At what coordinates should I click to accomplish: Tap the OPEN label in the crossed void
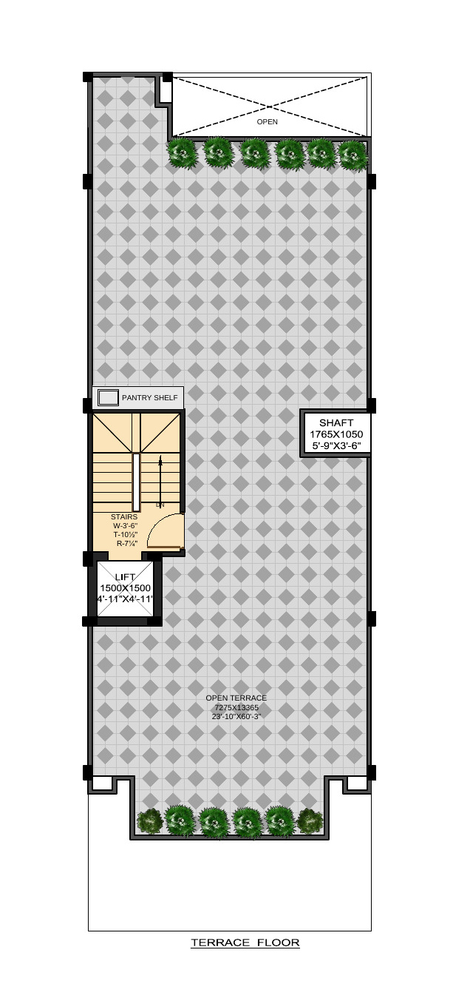coord(267,121)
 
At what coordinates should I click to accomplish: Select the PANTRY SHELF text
coord(149,398)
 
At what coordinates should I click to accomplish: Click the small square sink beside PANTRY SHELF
coord(108,398)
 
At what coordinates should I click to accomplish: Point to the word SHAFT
coord(336,422)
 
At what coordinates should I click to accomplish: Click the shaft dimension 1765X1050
coord(336,434)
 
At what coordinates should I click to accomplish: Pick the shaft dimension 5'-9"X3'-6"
coord(336,445)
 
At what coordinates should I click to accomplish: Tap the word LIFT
coord(125,577)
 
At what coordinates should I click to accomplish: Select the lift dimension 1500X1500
coord(125,588)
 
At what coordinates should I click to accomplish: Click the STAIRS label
coord(124,516)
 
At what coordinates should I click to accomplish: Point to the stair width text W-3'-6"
coord(125,525)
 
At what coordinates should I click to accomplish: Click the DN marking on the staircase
coord(160,505)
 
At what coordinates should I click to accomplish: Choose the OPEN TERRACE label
coord(236,698)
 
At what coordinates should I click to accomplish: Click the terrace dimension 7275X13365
coord(236,707)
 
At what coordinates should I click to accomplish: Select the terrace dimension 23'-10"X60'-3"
coord(236,716)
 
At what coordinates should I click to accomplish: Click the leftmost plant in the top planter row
coord(182,153)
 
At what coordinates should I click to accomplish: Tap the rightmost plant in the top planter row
coord(352,155)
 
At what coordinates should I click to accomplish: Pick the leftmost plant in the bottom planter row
coord(149,820)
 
